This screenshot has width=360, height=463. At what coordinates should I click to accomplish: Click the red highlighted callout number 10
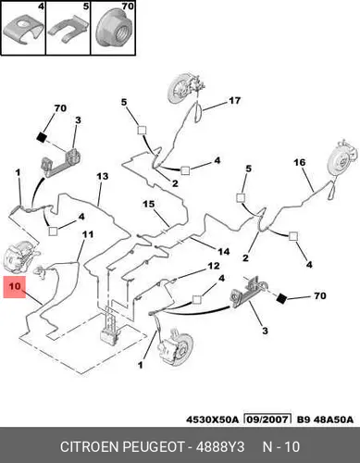(15, 287)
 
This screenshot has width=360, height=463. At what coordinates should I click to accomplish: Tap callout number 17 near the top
(234, 101)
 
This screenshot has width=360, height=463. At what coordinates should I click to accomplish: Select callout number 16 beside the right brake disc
(300, 162)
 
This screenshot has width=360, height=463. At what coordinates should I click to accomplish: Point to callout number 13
(103, 176)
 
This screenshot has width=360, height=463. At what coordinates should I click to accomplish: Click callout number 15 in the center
(148, 204)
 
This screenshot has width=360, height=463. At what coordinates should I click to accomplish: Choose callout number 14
(224, 252)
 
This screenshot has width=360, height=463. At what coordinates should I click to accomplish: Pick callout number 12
(214, 266)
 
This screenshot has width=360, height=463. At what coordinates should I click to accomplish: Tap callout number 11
(88, 234)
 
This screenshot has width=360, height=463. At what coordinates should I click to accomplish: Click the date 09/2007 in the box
(267, 419)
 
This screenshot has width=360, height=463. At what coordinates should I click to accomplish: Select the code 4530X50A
(212, 419)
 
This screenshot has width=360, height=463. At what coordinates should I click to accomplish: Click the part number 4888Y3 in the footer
(220, 446)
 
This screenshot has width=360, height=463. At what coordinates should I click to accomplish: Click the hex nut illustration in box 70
(113, 31)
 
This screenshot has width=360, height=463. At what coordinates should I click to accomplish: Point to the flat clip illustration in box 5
(67, 31)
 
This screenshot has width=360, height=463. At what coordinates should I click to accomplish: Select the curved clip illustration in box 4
(23, 31)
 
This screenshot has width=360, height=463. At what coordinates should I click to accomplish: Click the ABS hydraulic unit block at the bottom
(110, 324)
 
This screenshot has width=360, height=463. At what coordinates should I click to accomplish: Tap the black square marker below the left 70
(41, 137)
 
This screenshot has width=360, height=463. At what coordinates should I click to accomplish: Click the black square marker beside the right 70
(281, 299)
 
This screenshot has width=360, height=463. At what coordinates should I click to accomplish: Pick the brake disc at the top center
(179, 89)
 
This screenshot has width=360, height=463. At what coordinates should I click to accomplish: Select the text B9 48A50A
(325, 419)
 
